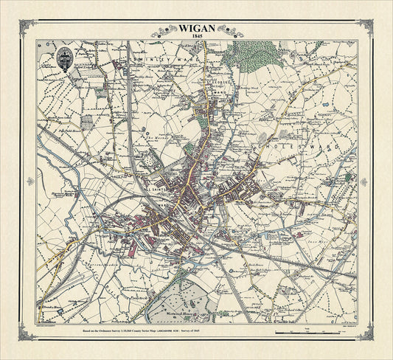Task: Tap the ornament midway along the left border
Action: pos(25,180)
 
